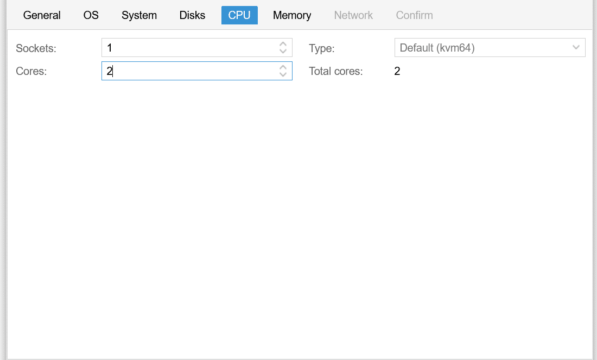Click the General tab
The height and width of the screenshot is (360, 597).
[x=42, y=15]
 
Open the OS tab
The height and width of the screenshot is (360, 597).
[x=91, y=15]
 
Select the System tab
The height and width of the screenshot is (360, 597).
[x=139, y=15]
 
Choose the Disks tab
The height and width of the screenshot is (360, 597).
[x=192, y=15]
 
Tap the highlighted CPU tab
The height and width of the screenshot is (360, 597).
[x=239, y=15]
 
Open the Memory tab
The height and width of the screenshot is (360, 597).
[x=292, y=15]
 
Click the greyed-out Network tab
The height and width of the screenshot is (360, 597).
[x=353, y=15]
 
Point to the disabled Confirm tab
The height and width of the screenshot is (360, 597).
[x=414, y=15]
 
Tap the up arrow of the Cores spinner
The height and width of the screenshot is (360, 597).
[x=283, y=67]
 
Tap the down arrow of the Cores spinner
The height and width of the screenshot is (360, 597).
[x=283, y=74]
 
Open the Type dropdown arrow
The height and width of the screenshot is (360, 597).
[x=576, y=48]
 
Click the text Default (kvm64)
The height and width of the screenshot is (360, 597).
[x=437, y=48]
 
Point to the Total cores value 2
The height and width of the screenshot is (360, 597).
[x=397, y=71]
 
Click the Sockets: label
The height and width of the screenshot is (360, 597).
[x=36, y=48]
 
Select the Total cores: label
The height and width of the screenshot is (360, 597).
[x=336, y=71]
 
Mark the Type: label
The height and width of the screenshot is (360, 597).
[x=322, y=48]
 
